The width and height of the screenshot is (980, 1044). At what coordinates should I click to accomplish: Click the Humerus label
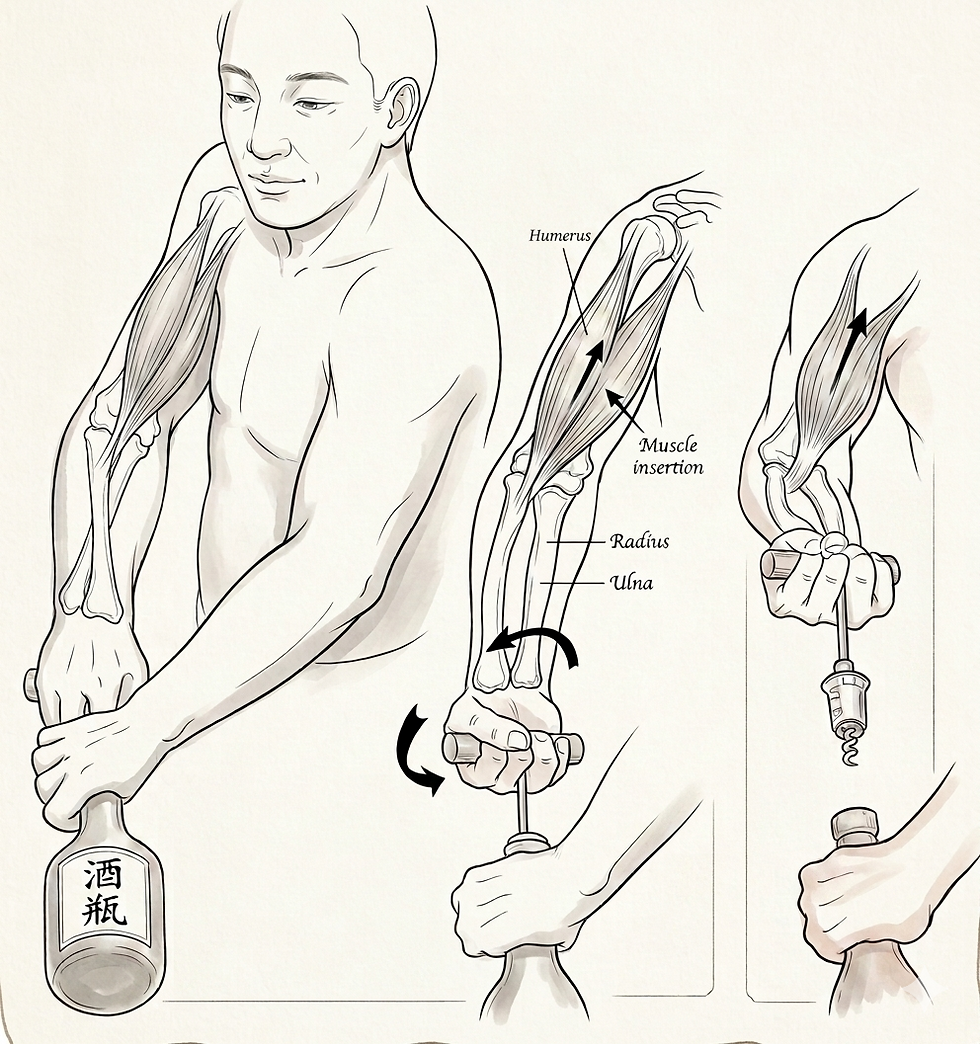click(559, 236)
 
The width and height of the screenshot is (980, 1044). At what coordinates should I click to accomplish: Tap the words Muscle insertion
click(668, 456)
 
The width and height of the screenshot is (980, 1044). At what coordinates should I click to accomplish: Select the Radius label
click(639, 541)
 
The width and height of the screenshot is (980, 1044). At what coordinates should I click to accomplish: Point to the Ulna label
click(631, 583)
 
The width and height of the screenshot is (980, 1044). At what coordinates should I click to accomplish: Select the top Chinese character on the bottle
click(103, 877)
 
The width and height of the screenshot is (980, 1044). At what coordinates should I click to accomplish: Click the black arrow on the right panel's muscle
click(850, 346)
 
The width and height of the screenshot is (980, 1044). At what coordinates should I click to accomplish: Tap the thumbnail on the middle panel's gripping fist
click(515, 739)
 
